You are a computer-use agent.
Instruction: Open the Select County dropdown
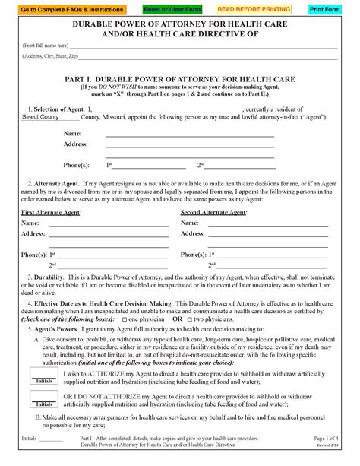pos(49,117)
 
